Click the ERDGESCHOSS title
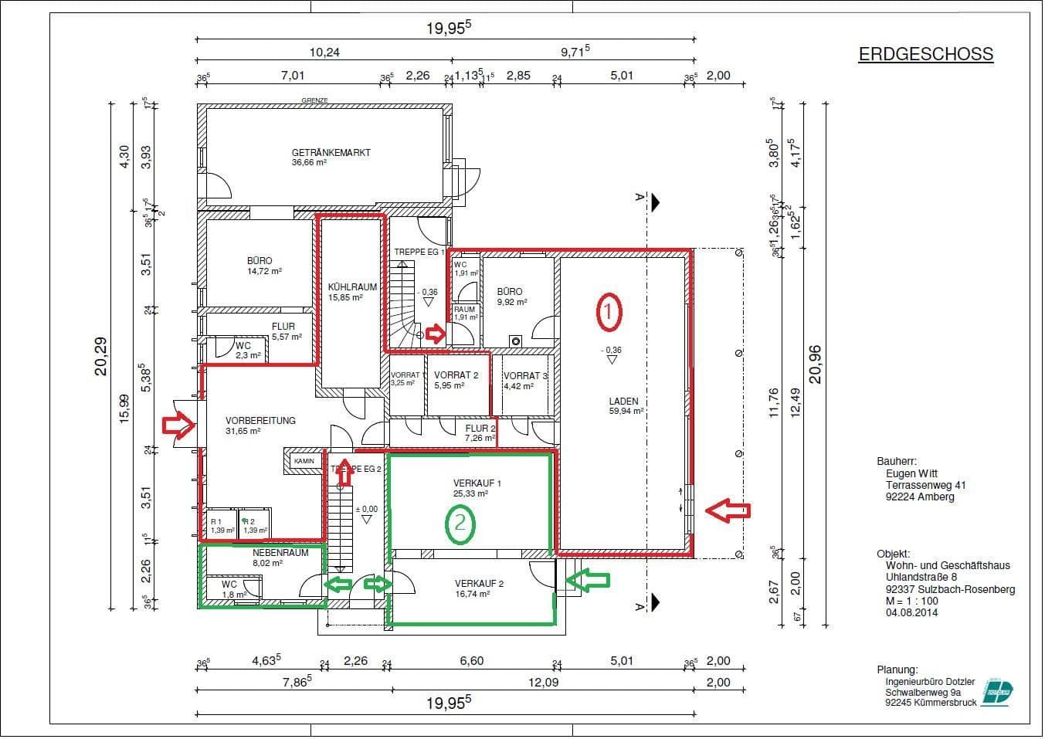point(925,54)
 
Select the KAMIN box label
point(304,461)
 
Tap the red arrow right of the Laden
point(728,510)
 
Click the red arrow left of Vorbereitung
point(178,425)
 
